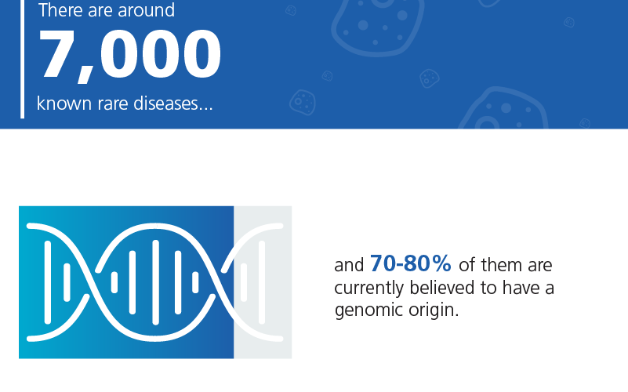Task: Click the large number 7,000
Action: point(129,55)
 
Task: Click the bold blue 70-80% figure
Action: point(411,263)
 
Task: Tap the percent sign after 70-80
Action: point(441,263)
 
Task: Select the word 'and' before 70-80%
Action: point(349,265)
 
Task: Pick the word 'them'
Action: point(503,265)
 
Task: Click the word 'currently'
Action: point(368,289)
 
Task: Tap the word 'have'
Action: point(521,288)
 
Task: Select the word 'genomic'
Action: point(368,310)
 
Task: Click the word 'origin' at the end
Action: point(431,310)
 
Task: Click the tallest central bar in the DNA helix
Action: point(156,282)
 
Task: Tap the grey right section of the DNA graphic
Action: point(263,282)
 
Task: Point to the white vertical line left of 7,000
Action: point(23,60)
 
